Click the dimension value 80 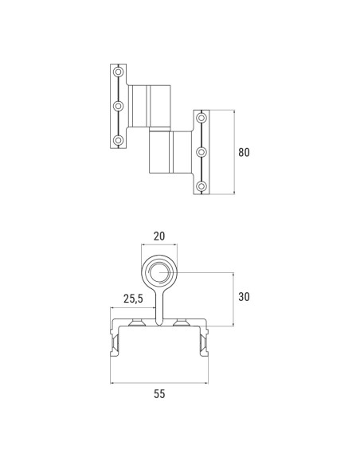click(x=245, y=152)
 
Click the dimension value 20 click(x=159, y=236)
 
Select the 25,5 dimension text click(x=133, y=299)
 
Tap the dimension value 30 click(x=245, y=297)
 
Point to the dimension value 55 click(x=159, y=393)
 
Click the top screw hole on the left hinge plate click(x=119, y=72)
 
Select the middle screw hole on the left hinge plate click(x=119, y=106)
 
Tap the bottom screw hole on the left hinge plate click(x=119, y=140)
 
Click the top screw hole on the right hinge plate click(x=202, y=118)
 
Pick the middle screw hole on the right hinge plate click(x=202, y=151)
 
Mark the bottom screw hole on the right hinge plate click(x=202, y=186)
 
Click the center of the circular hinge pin click(x=159, y=272)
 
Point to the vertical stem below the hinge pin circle click(x=159, y=306)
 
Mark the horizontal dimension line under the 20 click(x=159, y=245)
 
